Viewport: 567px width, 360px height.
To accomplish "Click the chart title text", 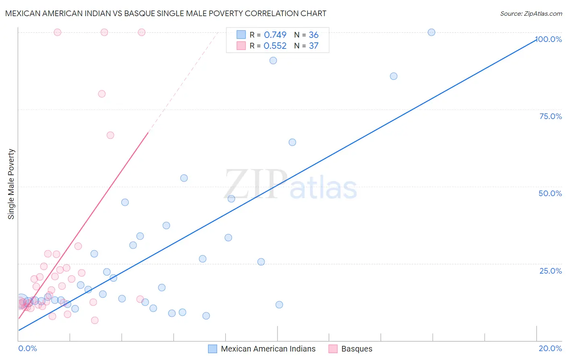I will (166, 13).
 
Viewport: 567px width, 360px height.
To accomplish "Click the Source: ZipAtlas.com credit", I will (531, 13).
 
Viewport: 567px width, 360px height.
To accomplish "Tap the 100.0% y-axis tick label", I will (549, 39).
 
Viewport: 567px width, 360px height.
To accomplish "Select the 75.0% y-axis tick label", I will (550, 116).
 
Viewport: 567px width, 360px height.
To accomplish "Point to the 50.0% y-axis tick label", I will (550, 193).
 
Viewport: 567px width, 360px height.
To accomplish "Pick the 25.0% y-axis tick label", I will (550, 271).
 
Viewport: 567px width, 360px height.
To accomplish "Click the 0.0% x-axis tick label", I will (27, 348).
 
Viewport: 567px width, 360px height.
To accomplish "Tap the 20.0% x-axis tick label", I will (550, 348).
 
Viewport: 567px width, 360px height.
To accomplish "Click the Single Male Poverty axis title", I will (11, 184).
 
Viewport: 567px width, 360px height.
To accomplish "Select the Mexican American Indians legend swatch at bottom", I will (213, 349).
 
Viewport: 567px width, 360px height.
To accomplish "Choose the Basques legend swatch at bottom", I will (333, 349).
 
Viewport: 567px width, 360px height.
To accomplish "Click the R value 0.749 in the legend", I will (275, 35).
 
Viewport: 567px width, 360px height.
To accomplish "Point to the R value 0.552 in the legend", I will (275, 46).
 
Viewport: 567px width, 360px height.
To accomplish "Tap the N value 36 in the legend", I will (313, 35).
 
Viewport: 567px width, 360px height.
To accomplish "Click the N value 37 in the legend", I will (313, 46).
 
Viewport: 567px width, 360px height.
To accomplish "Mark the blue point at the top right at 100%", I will (432, 32).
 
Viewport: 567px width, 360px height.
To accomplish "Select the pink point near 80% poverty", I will (102, 94).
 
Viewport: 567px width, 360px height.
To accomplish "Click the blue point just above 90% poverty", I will (273, 61).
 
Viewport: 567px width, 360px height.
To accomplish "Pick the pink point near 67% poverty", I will (110, 135).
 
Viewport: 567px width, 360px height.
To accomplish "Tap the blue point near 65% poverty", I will (292, 142).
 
